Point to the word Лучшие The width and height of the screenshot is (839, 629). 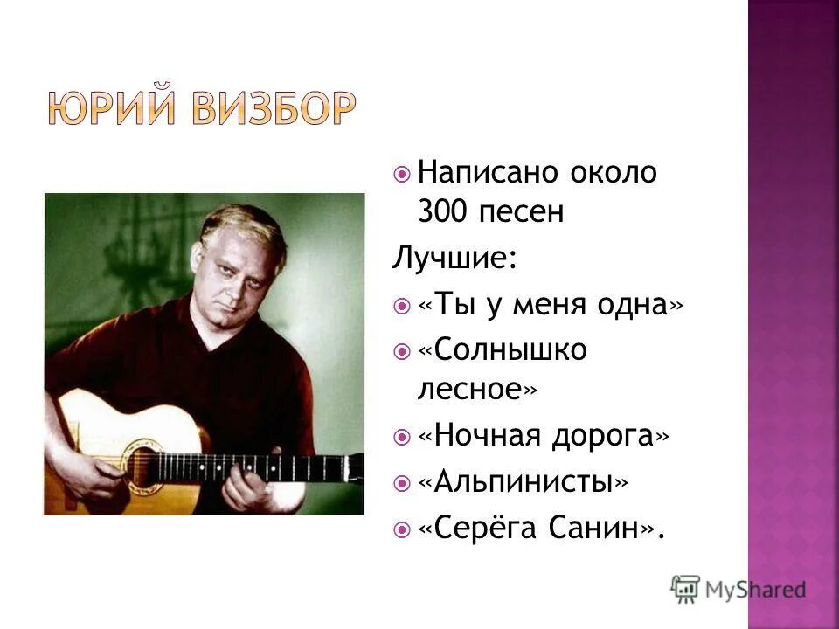(453, 259)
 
